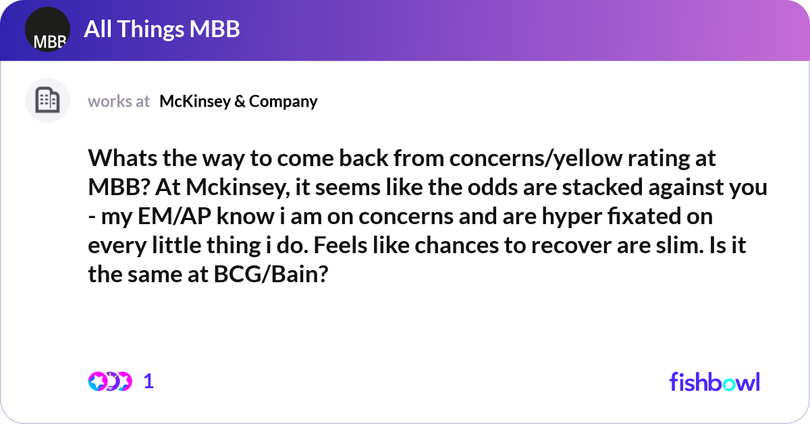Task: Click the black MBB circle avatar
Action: pos(47,30)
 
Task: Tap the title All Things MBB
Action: pos(162,29)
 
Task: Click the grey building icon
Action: pos(47,101)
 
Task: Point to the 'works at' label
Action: pos(119,101)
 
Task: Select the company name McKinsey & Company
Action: pos(238,101)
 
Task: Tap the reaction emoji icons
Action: pos(109,381)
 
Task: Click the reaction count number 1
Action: pos(148,381)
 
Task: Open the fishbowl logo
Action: pos(714,381)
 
